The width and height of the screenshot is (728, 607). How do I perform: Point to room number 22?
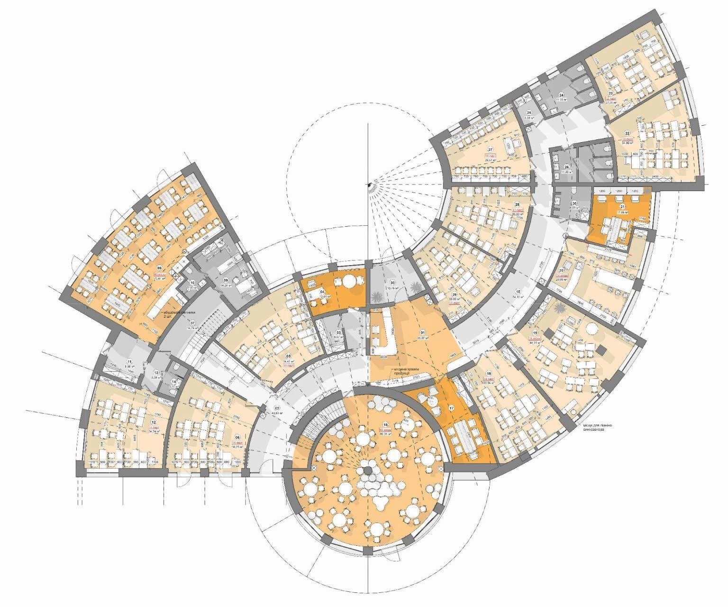628,134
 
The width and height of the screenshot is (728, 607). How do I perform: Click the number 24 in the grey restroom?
561,94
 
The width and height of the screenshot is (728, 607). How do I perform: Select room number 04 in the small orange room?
322,292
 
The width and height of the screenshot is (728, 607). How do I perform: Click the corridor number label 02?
278,408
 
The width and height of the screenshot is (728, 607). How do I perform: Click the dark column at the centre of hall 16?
366,471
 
